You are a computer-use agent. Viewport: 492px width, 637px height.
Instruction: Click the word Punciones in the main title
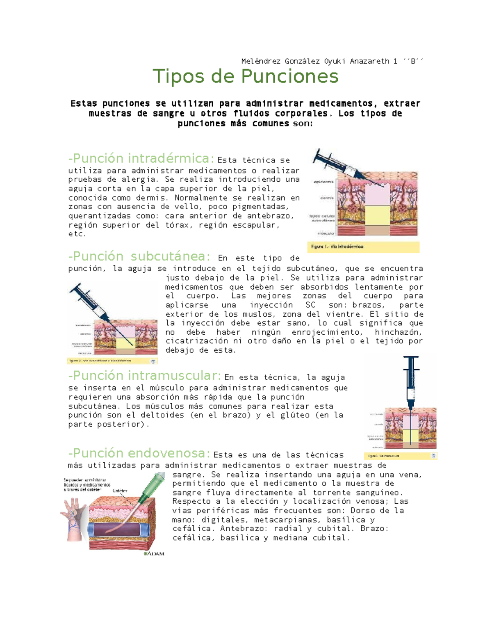(289, 76)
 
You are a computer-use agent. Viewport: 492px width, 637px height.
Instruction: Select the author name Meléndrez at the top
(260, 61)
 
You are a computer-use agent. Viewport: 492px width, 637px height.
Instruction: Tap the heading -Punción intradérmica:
(141, 158)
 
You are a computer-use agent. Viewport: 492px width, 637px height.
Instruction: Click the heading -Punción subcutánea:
(139, 256)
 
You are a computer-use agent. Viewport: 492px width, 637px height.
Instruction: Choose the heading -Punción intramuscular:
(145, 376)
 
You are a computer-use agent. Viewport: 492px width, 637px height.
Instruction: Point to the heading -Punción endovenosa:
(139, 453)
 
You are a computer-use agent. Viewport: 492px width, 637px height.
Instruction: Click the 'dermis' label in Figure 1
(327, 198)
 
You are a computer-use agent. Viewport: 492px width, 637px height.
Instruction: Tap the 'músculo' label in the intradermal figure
(326, 233)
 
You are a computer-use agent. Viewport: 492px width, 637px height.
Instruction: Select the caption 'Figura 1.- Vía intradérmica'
(337, 247)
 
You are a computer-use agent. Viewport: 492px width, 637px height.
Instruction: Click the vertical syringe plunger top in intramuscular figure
(411, 358)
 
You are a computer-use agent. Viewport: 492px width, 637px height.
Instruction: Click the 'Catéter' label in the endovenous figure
(120, 491)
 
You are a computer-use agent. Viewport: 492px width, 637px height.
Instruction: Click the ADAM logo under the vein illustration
(154, 554)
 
